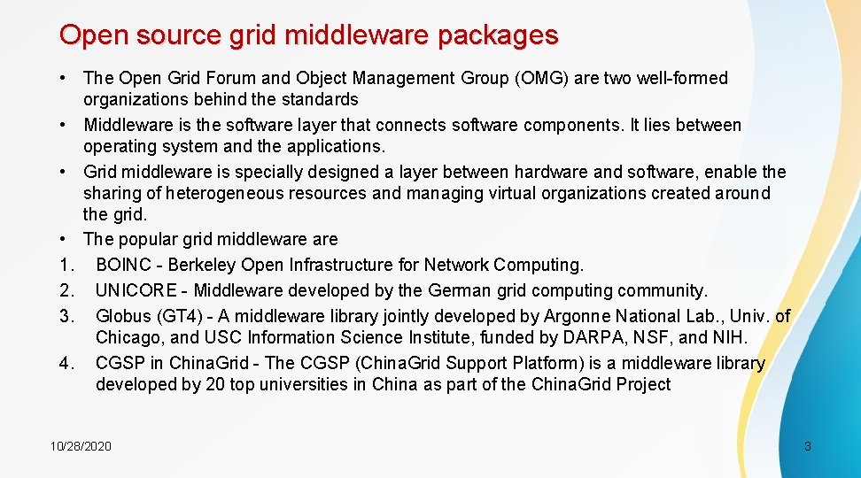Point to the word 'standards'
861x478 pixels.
[318, 99]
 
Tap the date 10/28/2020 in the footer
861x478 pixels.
[81, 446]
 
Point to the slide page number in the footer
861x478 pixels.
[807, 446]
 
